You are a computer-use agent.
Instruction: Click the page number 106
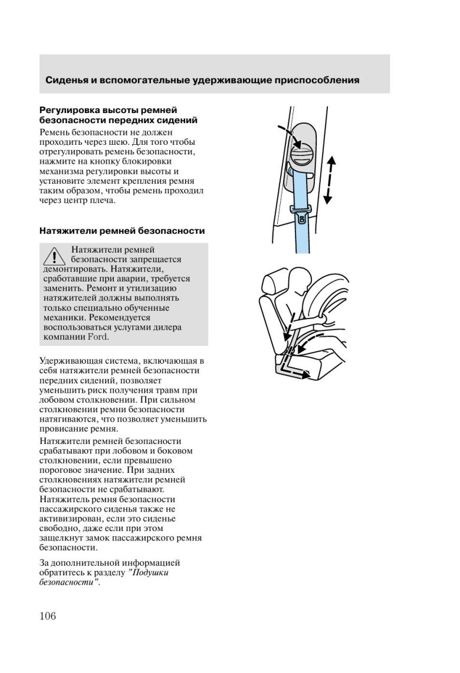pyautogui.click(x=48, y=616)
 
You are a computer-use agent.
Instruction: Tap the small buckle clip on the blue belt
pyautogui.click(x=301, y=217)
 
